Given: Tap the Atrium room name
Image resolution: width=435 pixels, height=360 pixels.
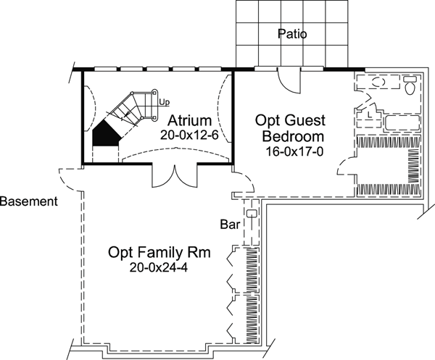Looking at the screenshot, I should coord(190,120).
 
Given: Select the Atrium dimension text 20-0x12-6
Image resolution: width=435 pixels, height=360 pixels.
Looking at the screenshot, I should coord(190,135).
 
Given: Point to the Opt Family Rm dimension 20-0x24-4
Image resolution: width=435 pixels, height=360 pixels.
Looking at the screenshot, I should coord(159,268).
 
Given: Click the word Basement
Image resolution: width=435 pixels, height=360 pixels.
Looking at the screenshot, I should coord(29,201).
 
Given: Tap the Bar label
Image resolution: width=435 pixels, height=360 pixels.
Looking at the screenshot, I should coord(230,225).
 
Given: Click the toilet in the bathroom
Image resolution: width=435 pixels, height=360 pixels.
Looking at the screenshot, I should coord(410,88).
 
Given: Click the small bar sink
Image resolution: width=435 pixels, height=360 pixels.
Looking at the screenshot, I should coord(251,214).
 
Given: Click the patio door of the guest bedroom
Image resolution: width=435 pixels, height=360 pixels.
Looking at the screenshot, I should coord(289,78).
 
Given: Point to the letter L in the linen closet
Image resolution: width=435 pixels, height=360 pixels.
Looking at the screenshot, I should coord(370,114).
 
